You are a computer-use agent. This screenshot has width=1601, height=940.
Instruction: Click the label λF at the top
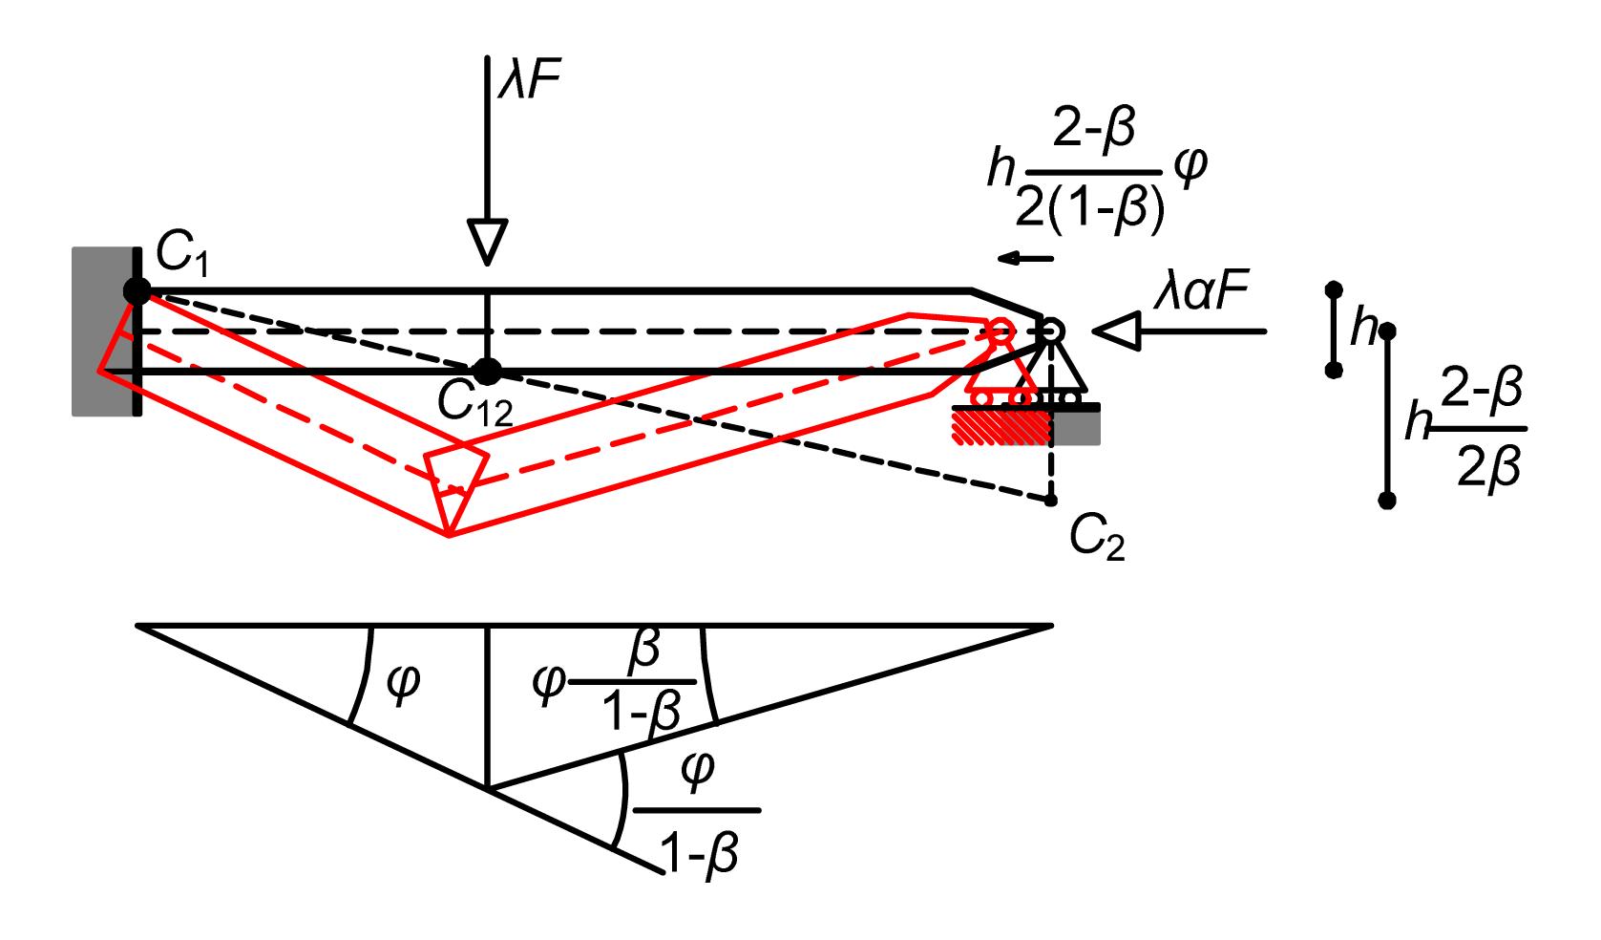pos(530,77)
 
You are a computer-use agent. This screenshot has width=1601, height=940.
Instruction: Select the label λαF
pos(1201,293)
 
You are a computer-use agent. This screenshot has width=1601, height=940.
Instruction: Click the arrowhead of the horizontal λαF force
pos(1116,331)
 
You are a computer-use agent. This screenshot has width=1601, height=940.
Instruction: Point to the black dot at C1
pos(137,291)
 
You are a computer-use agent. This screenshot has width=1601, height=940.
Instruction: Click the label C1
pos(182,255)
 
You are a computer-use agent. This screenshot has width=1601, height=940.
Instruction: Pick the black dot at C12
pos(488,372)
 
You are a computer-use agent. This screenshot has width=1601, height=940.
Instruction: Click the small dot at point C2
pos(1051,500)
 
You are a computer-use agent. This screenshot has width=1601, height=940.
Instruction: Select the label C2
pos(1098,539)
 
